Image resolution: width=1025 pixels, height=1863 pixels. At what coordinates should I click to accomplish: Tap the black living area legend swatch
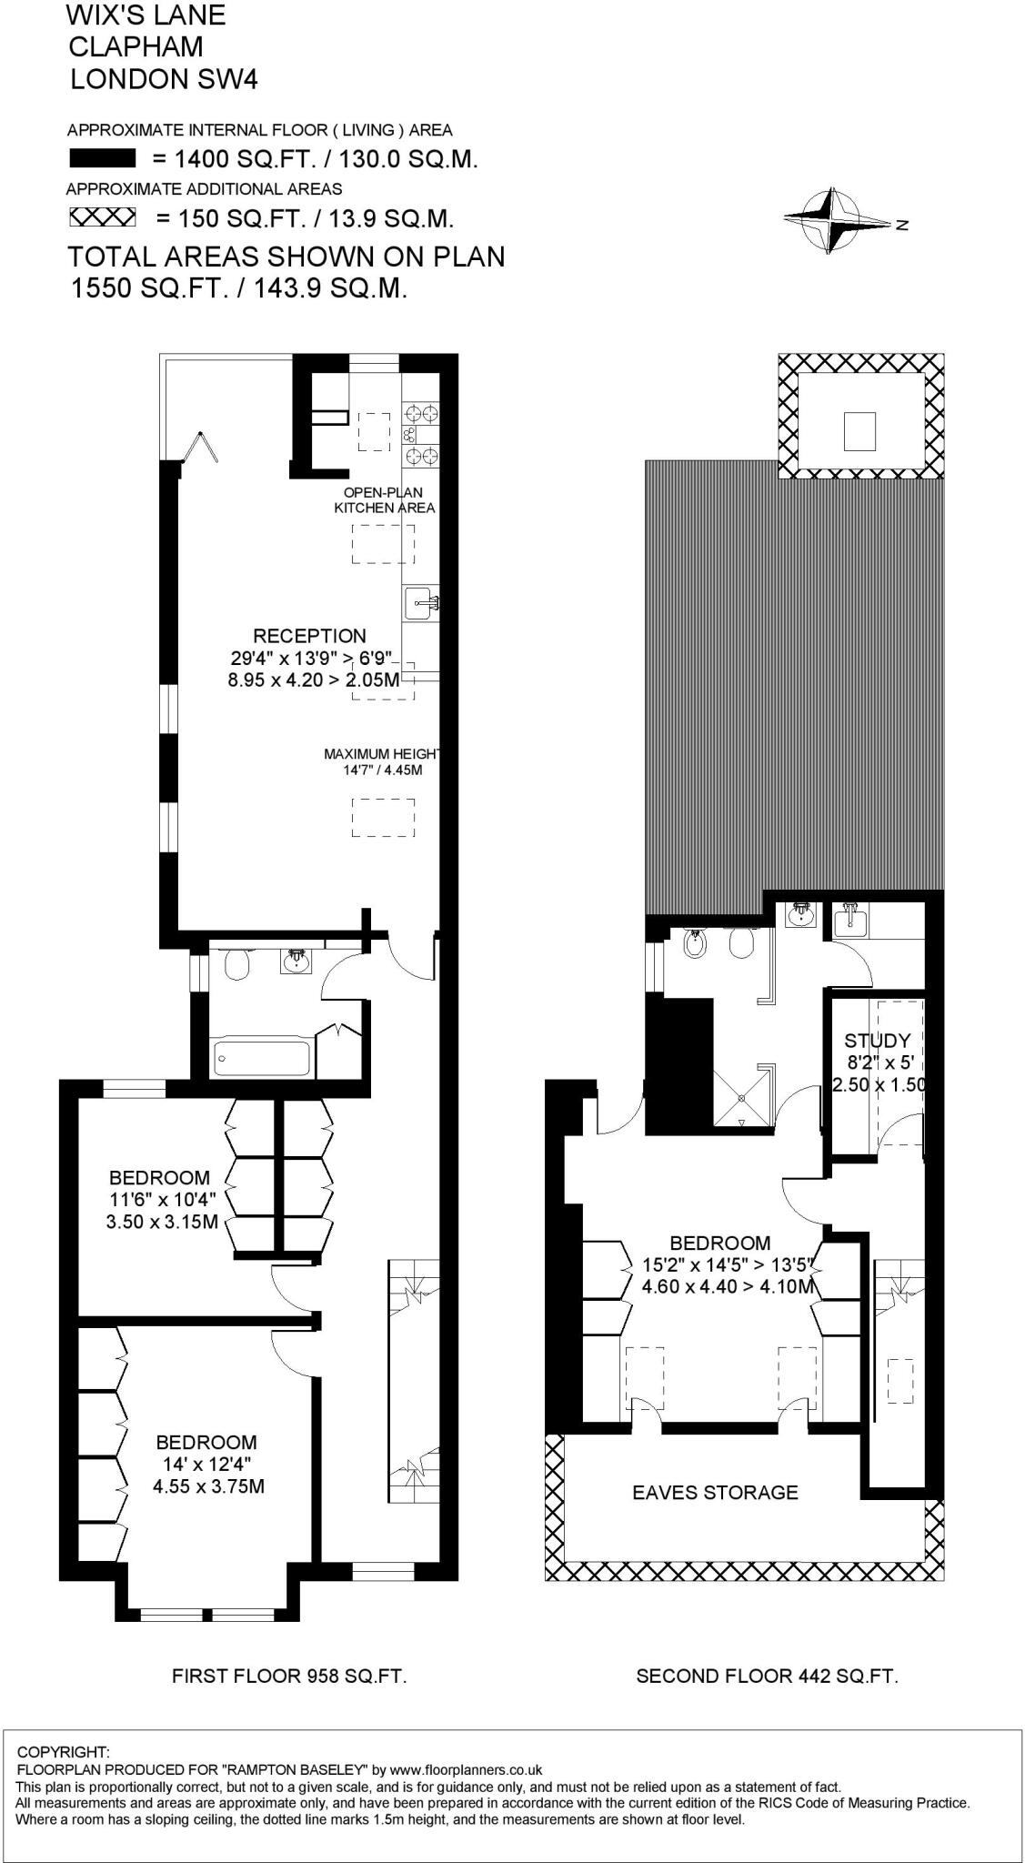click(103, 160)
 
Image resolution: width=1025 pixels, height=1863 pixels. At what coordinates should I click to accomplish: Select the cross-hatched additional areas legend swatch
click(103, 218)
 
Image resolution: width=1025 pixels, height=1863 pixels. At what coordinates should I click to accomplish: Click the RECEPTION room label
click(309, 636)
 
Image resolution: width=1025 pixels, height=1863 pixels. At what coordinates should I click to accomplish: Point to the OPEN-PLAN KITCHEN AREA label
click(385, 500)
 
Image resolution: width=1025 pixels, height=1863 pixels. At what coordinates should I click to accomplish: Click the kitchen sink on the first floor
click(422, 600)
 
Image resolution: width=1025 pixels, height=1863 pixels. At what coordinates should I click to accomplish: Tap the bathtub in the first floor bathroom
click(260, 1058)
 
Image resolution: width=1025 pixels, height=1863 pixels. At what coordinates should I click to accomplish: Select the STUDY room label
click(877, 1041)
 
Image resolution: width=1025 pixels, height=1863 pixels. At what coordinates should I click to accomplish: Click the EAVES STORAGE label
click(715, 1492)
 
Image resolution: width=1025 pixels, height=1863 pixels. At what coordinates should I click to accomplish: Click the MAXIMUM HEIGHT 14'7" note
click(382, 761)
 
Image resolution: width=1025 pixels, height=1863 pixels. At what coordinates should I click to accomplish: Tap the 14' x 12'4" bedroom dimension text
click(207, 1465)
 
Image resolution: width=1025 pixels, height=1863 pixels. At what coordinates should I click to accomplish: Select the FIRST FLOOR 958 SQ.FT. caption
click(289, 1676)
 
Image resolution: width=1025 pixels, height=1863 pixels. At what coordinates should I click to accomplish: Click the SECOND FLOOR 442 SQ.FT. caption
click(767, 1676)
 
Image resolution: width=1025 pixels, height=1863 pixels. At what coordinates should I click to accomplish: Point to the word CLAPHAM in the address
click(136, 46)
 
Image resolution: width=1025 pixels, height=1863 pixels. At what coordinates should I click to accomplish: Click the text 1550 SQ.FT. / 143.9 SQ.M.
click(238, 289)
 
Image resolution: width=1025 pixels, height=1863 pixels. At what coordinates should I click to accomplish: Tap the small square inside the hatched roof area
click(859, 430)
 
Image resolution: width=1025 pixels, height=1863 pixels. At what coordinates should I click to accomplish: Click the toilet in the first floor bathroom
click(236, 965)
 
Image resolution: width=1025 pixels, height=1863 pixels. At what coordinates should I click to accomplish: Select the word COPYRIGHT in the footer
click(64, 1752)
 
